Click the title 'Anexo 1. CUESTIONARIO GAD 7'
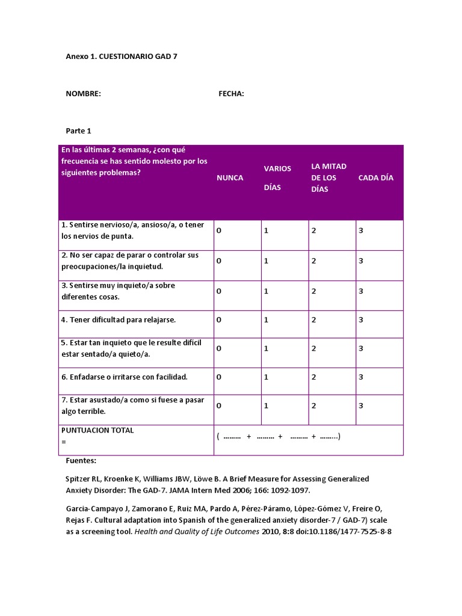click(122, 57)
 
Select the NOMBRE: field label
click(83, 93)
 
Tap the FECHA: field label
click(231, 93)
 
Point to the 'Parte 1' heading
click(78, 131)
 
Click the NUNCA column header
click(230, 177)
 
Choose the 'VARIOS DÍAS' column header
click(277, 177)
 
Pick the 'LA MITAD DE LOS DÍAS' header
click(328, 177)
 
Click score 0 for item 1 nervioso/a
click(219, 231)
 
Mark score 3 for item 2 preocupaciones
click(361, 261)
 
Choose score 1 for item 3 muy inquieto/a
click(266, 291)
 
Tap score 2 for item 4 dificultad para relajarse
click(313, 320)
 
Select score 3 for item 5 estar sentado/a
click(361, 348)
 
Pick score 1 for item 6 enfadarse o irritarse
click(266, 377)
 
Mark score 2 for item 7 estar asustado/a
click(313, 406)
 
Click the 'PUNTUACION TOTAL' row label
click(97, 431)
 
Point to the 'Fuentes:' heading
click(81, 461)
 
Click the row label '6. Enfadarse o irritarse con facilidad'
click(125, 377)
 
